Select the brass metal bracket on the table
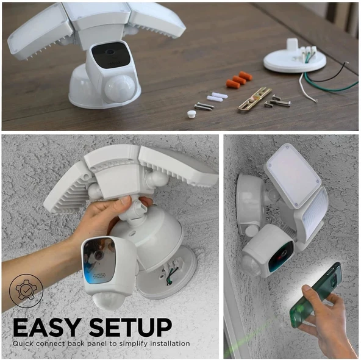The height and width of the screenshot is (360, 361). click(255, 99)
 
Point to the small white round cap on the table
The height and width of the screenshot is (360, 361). click(191, 113)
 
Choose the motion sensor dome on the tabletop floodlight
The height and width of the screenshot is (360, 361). click(118, 87)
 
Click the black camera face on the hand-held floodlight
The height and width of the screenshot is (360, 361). click(99, 259)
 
